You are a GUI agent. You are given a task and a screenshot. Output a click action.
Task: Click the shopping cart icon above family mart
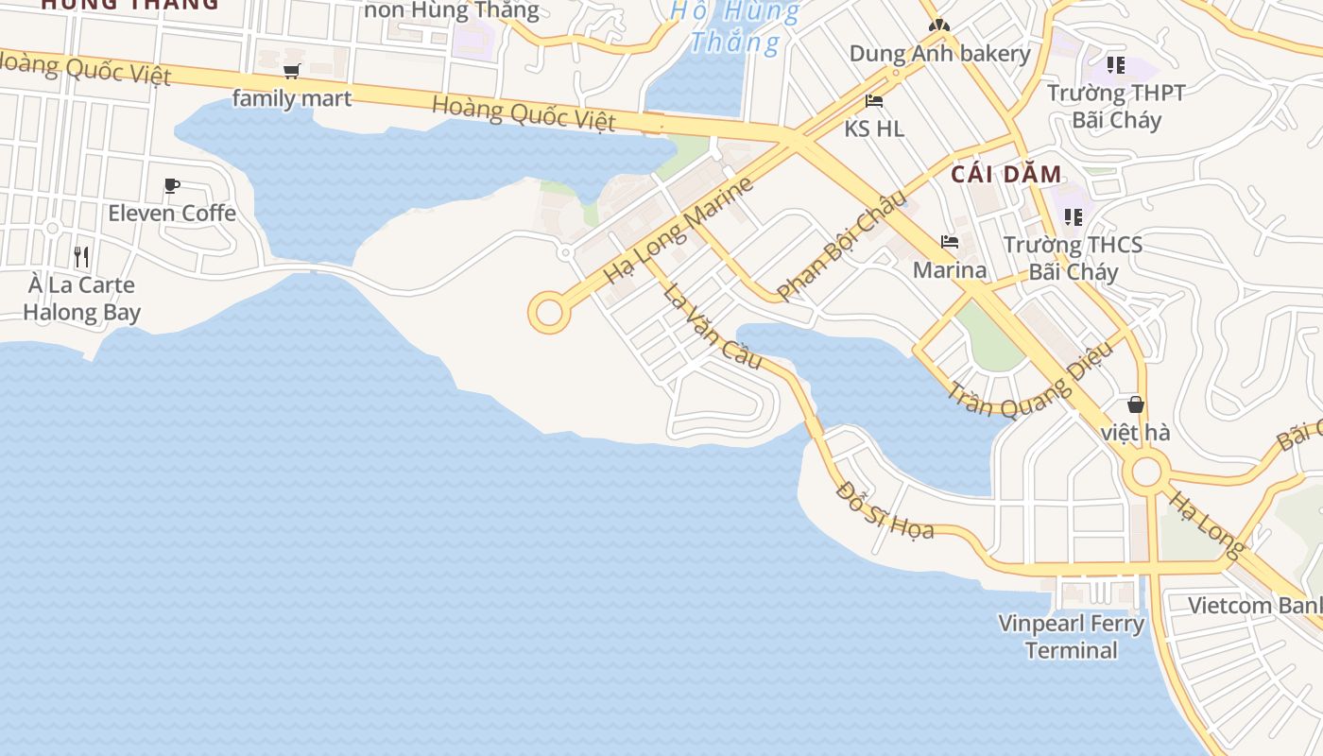coord(292,71)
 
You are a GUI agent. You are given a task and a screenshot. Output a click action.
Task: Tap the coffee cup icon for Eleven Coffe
coord(171,185)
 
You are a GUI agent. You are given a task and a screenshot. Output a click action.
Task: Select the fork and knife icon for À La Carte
coord(81,256)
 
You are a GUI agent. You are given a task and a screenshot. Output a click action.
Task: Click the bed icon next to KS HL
coord(874,101)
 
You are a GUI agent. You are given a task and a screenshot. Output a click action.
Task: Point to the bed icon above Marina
coord(950,243)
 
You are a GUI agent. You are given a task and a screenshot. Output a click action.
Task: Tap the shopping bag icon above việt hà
coord(1136,404)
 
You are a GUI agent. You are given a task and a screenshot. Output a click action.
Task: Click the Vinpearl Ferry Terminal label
coord(1072,637)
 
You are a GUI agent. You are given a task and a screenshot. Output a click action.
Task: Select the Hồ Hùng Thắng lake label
coord(735,26)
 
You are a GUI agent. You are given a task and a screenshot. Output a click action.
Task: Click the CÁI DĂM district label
coord(1006,174)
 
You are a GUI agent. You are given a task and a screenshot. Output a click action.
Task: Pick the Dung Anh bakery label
coord(939,53)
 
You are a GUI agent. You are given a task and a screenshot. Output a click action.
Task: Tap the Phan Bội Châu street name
coord(840,244)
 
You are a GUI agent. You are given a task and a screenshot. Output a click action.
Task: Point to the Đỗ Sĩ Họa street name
coord(885,510)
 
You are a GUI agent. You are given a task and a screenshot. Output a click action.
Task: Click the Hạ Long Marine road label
coord(679,230)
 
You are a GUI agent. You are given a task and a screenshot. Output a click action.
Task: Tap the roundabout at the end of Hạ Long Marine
coord(549,313)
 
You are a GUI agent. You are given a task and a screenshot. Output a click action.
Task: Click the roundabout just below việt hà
coord(1146,471)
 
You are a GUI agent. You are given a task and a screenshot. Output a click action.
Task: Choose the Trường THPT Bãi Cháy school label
coord(1116,106)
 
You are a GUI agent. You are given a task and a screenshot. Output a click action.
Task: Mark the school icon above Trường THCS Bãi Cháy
coord(1073,217)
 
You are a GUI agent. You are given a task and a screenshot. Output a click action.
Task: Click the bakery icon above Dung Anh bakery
coord(937,26)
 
